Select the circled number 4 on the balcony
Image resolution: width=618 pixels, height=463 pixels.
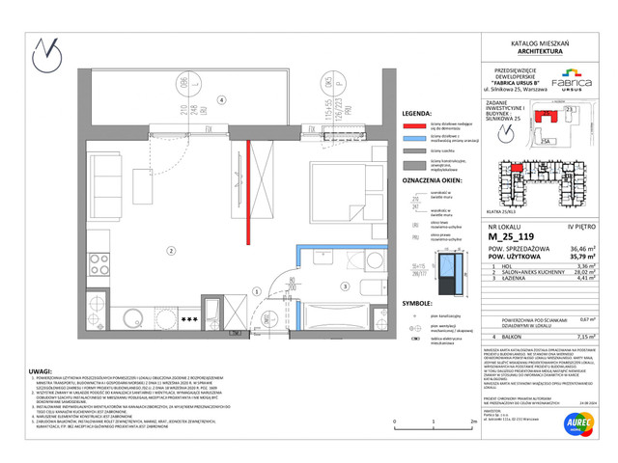point(220,99)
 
